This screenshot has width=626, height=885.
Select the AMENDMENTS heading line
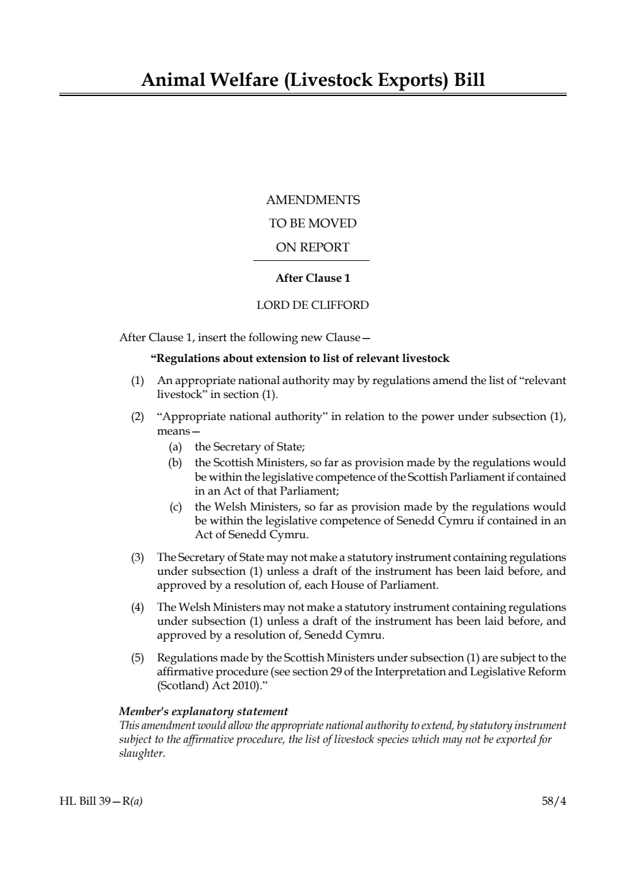pos(313,200)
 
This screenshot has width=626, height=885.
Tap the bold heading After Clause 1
pos(313,278)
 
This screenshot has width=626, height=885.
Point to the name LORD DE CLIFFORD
pos(313,305)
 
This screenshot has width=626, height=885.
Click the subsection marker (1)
pos(138,381)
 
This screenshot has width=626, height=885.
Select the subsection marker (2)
pos(138,417)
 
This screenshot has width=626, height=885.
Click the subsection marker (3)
pos(138,557)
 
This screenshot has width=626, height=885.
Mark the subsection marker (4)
pos(138,607)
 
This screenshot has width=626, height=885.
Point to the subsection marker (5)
pos(138,658)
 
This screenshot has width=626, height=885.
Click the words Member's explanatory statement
pos(203,711)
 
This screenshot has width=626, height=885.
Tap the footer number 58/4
pos(554,802)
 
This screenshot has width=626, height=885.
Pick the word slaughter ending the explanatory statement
pos(141,754)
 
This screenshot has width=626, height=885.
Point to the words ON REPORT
pos(313,248)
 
